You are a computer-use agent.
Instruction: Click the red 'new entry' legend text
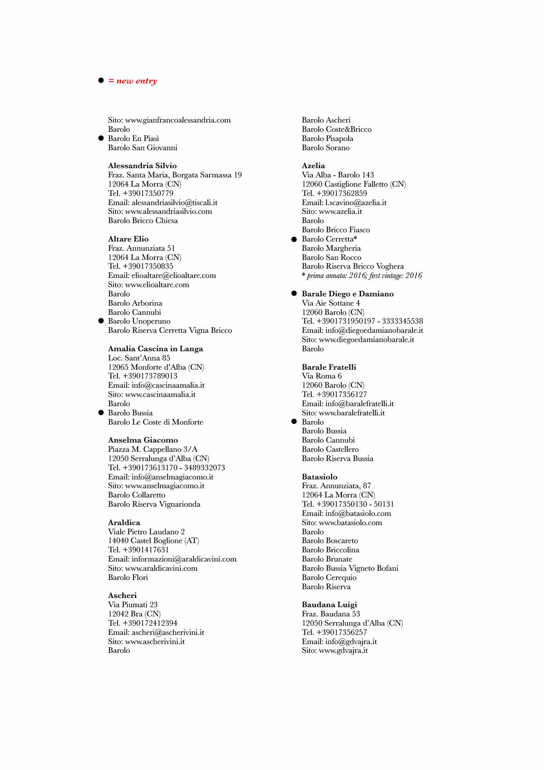[132, 81]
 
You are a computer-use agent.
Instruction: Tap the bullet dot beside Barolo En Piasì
[101, 138]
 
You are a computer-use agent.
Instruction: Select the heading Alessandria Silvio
[142, 166]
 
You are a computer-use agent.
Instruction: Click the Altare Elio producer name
[128, 239]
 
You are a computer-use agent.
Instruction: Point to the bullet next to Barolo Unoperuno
[101, 321]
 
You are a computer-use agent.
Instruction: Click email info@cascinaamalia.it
[156, 385]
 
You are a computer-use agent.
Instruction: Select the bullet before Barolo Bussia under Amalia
[101, 413]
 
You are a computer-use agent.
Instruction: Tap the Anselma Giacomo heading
[143, 440]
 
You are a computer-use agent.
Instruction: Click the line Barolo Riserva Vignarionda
[154, 504]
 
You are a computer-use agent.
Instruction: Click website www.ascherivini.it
[146, 641]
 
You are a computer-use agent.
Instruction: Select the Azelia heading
[313, 166]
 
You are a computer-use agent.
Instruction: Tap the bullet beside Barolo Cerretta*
[294, 239]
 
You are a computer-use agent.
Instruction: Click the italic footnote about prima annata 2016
[362, 276]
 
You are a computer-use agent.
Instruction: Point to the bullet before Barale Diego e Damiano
[294, 294]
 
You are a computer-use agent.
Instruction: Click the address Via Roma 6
[322, 376]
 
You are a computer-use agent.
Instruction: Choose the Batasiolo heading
[319, 477]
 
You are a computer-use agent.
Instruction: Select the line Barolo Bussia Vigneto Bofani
[350, 568]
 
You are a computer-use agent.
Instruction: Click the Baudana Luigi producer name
[329, 604]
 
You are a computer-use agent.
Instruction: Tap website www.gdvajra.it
[335, 650]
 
